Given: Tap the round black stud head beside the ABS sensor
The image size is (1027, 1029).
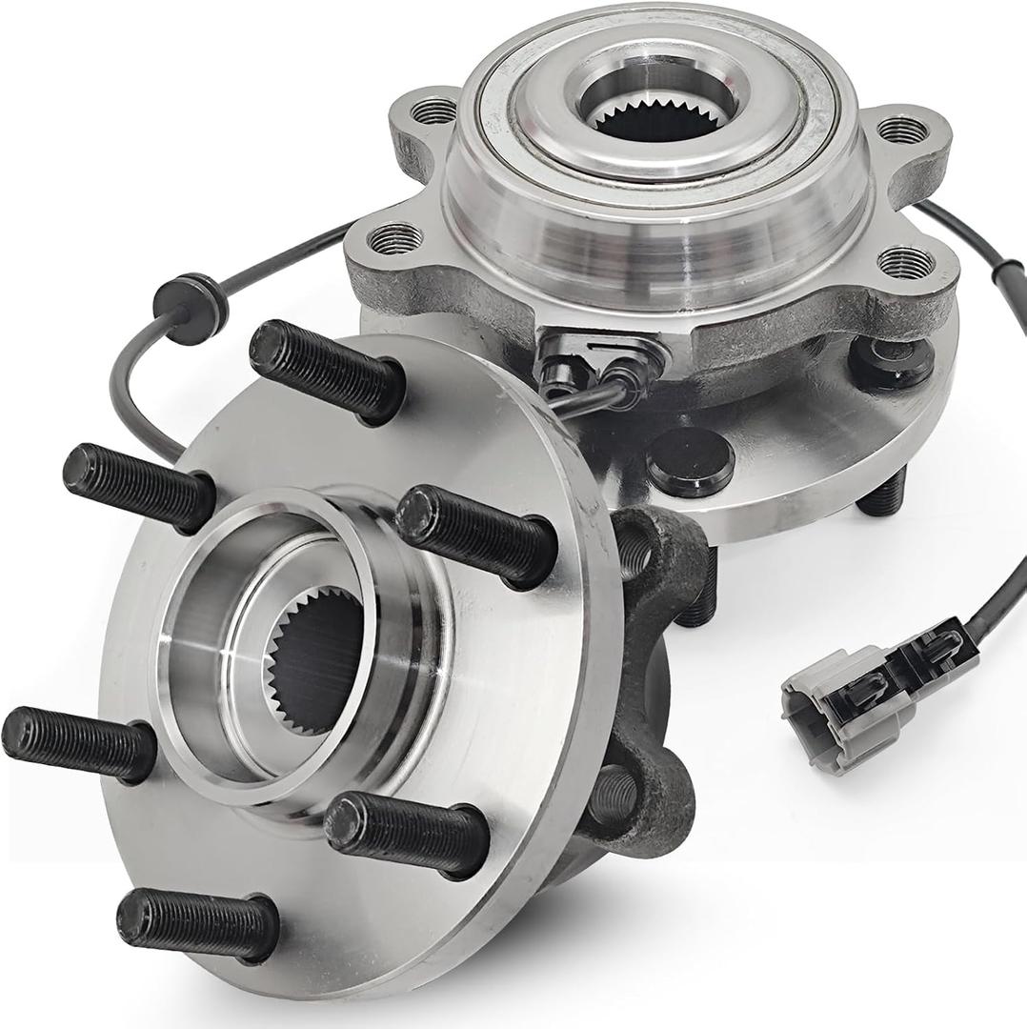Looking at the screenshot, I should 692,461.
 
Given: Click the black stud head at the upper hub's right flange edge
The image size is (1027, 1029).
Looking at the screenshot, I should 892,361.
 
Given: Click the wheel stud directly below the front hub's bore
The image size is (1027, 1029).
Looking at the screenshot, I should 406,832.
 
